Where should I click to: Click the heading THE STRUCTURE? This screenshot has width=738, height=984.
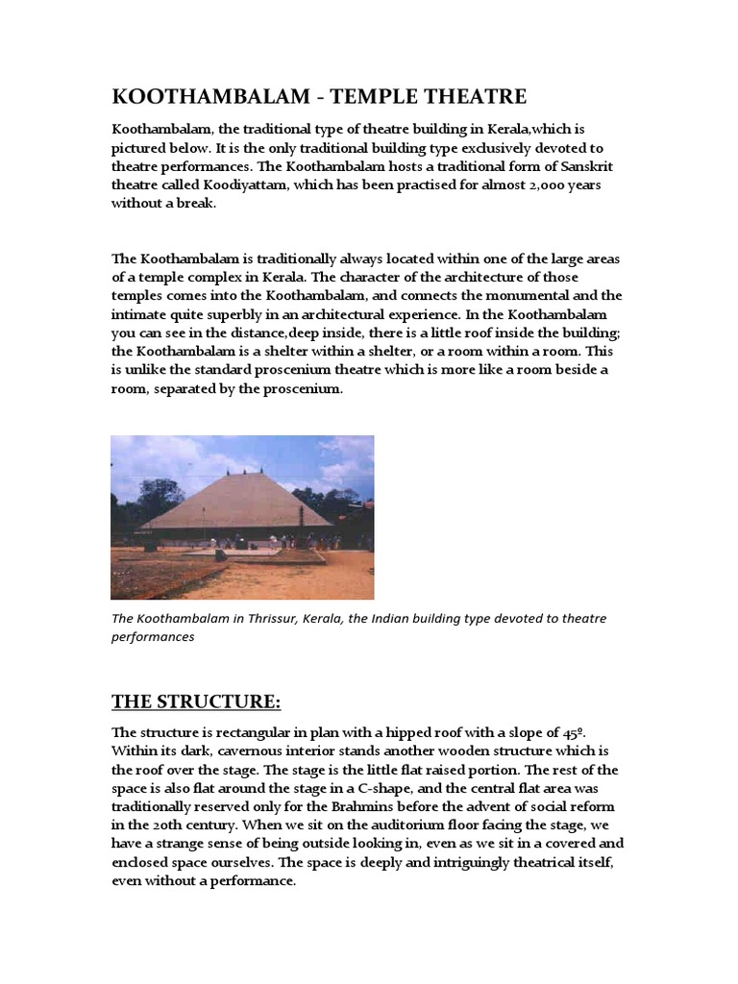(x=196, y=701)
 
